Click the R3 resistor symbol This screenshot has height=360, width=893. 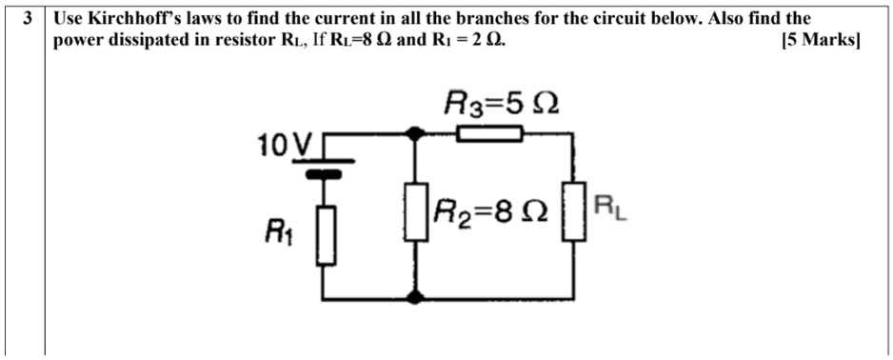point(489,135)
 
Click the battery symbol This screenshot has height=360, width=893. point(327,167)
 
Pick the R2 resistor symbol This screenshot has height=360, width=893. point(414,212)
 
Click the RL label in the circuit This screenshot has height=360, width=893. point(609,205)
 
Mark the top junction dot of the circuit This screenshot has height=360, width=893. point(414,135)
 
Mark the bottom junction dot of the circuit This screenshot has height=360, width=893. point(414,297)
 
